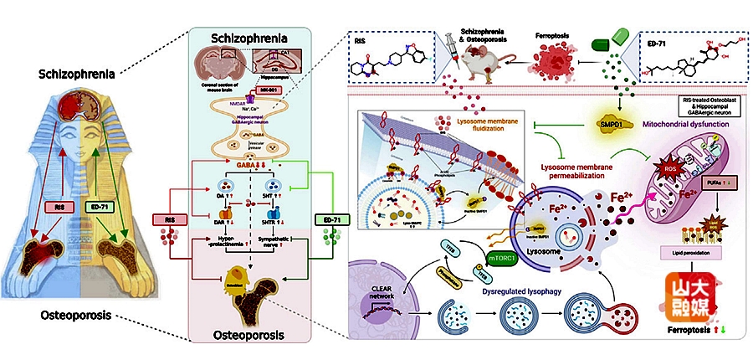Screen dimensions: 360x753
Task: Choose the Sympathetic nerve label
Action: [274, 242]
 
